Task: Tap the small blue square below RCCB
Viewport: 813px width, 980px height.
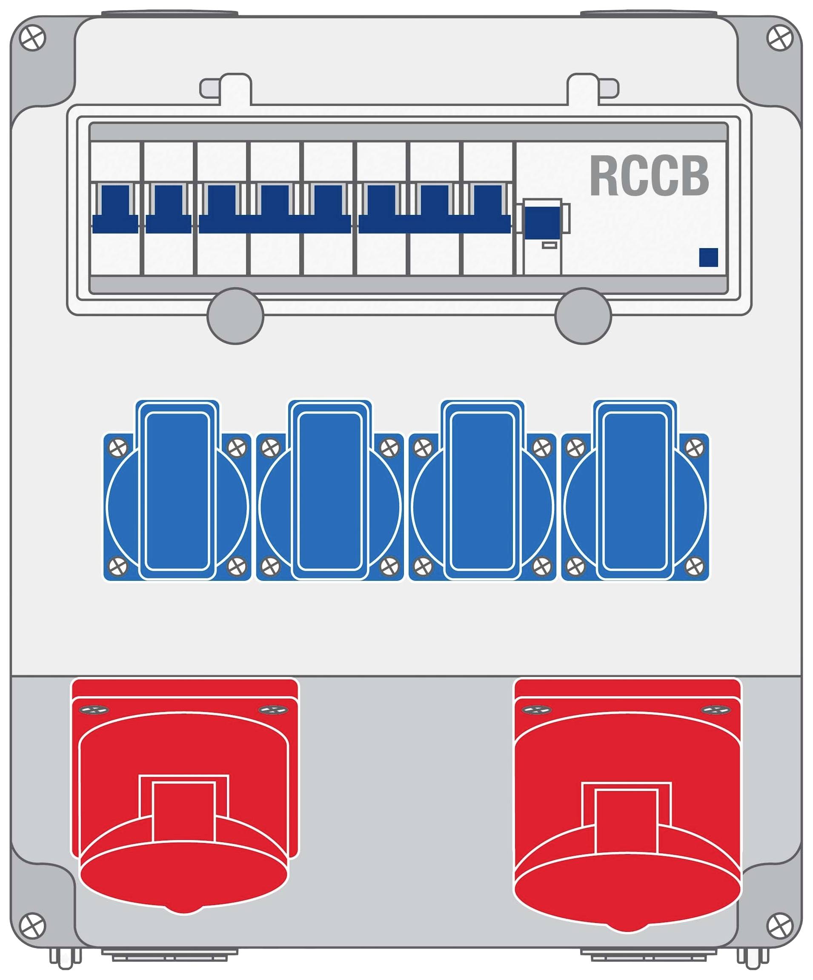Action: [708, 257]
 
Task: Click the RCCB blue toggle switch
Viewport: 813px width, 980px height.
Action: [542, 222]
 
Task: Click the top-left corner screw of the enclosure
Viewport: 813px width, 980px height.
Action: [33, 37]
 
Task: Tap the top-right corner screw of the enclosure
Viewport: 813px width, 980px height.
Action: [780, 37]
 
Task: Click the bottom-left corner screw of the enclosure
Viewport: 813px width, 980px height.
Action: [33, 925]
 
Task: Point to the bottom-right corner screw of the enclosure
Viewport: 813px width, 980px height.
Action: [780, 925]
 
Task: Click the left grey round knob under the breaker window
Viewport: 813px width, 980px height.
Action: [235, 316]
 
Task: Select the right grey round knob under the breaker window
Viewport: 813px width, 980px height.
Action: [583, 316]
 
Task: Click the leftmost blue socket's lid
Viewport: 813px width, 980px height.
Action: [177, 490]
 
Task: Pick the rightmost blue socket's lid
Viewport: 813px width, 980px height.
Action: [635, 490]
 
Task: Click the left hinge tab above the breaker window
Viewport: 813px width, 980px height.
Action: [227, 88]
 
